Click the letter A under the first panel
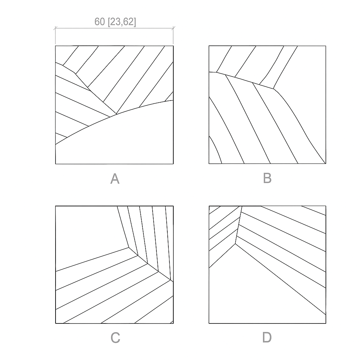coord(115,179)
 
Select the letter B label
coord(267,178)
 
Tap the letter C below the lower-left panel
coord(115,338)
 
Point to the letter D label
coord(267,337)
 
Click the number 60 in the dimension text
coord(99,21)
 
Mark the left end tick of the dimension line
coord(55,28)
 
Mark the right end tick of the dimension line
coord(173,28)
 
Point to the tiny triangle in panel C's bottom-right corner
coord(172,322)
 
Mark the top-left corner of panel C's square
coord(56,206)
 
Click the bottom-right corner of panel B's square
coord(326,163)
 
